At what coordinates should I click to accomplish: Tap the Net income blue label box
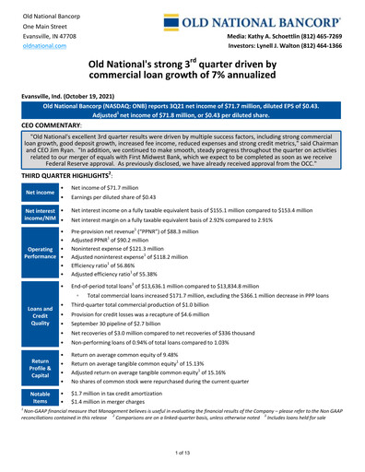(38, 168)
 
